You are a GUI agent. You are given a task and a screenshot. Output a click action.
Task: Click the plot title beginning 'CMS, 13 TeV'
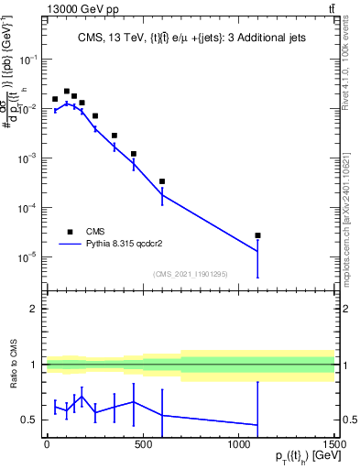(191, 38)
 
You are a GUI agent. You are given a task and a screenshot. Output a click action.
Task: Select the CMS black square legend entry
(71, 232)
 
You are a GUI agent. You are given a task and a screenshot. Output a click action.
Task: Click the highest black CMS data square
(67, 92)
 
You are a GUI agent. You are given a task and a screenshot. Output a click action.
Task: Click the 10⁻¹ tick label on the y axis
(29, 59)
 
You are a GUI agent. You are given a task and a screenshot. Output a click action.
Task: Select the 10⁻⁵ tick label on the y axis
(29, 257)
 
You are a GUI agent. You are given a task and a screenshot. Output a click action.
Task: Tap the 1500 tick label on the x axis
(334, 444)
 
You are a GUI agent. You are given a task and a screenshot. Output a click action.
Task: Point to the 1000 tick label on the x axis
(238, 444)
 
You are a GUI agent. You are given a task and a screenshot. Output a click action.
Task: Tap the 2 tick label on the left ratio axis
(36, 309)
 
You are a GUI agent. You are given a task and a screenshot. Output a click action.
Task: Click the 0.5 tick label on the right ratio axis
(349, 420)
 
